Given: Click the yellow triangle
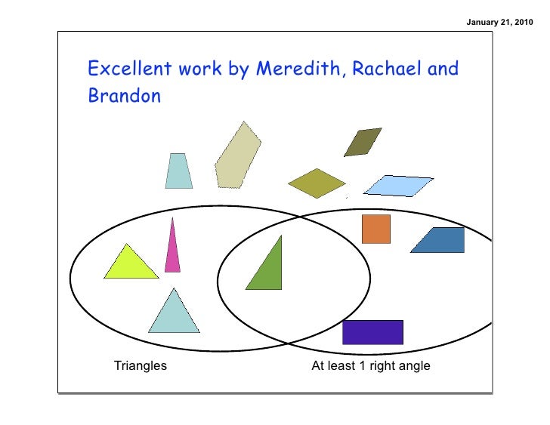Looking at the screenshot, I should pos(129,265).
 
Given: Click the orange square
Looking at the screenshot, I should pos(375,229).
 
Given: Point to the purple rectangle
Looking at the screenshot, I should pos(372,332).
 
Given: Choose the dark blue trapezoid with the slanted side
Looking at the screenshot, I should pos(440,240).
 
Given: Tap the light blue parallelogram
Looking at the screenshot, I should pos(398,185).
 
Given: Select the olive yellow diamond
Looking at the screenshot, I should pos(317,183).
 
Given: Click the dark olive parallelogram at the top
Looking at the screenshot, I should pos(363,142).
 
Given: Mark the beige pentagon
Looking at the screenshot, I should pos(236,156).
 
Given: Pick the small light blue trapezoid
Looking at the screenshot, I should pos(178,171).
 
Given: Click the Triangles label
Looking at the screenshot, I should pos(141,366).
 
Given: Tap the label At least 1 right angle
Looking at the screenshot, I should pos(371,366).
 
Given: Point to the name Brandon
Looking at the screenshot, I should pos(124,97).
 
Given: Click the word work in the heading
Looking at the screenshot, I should pos(200,69).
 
